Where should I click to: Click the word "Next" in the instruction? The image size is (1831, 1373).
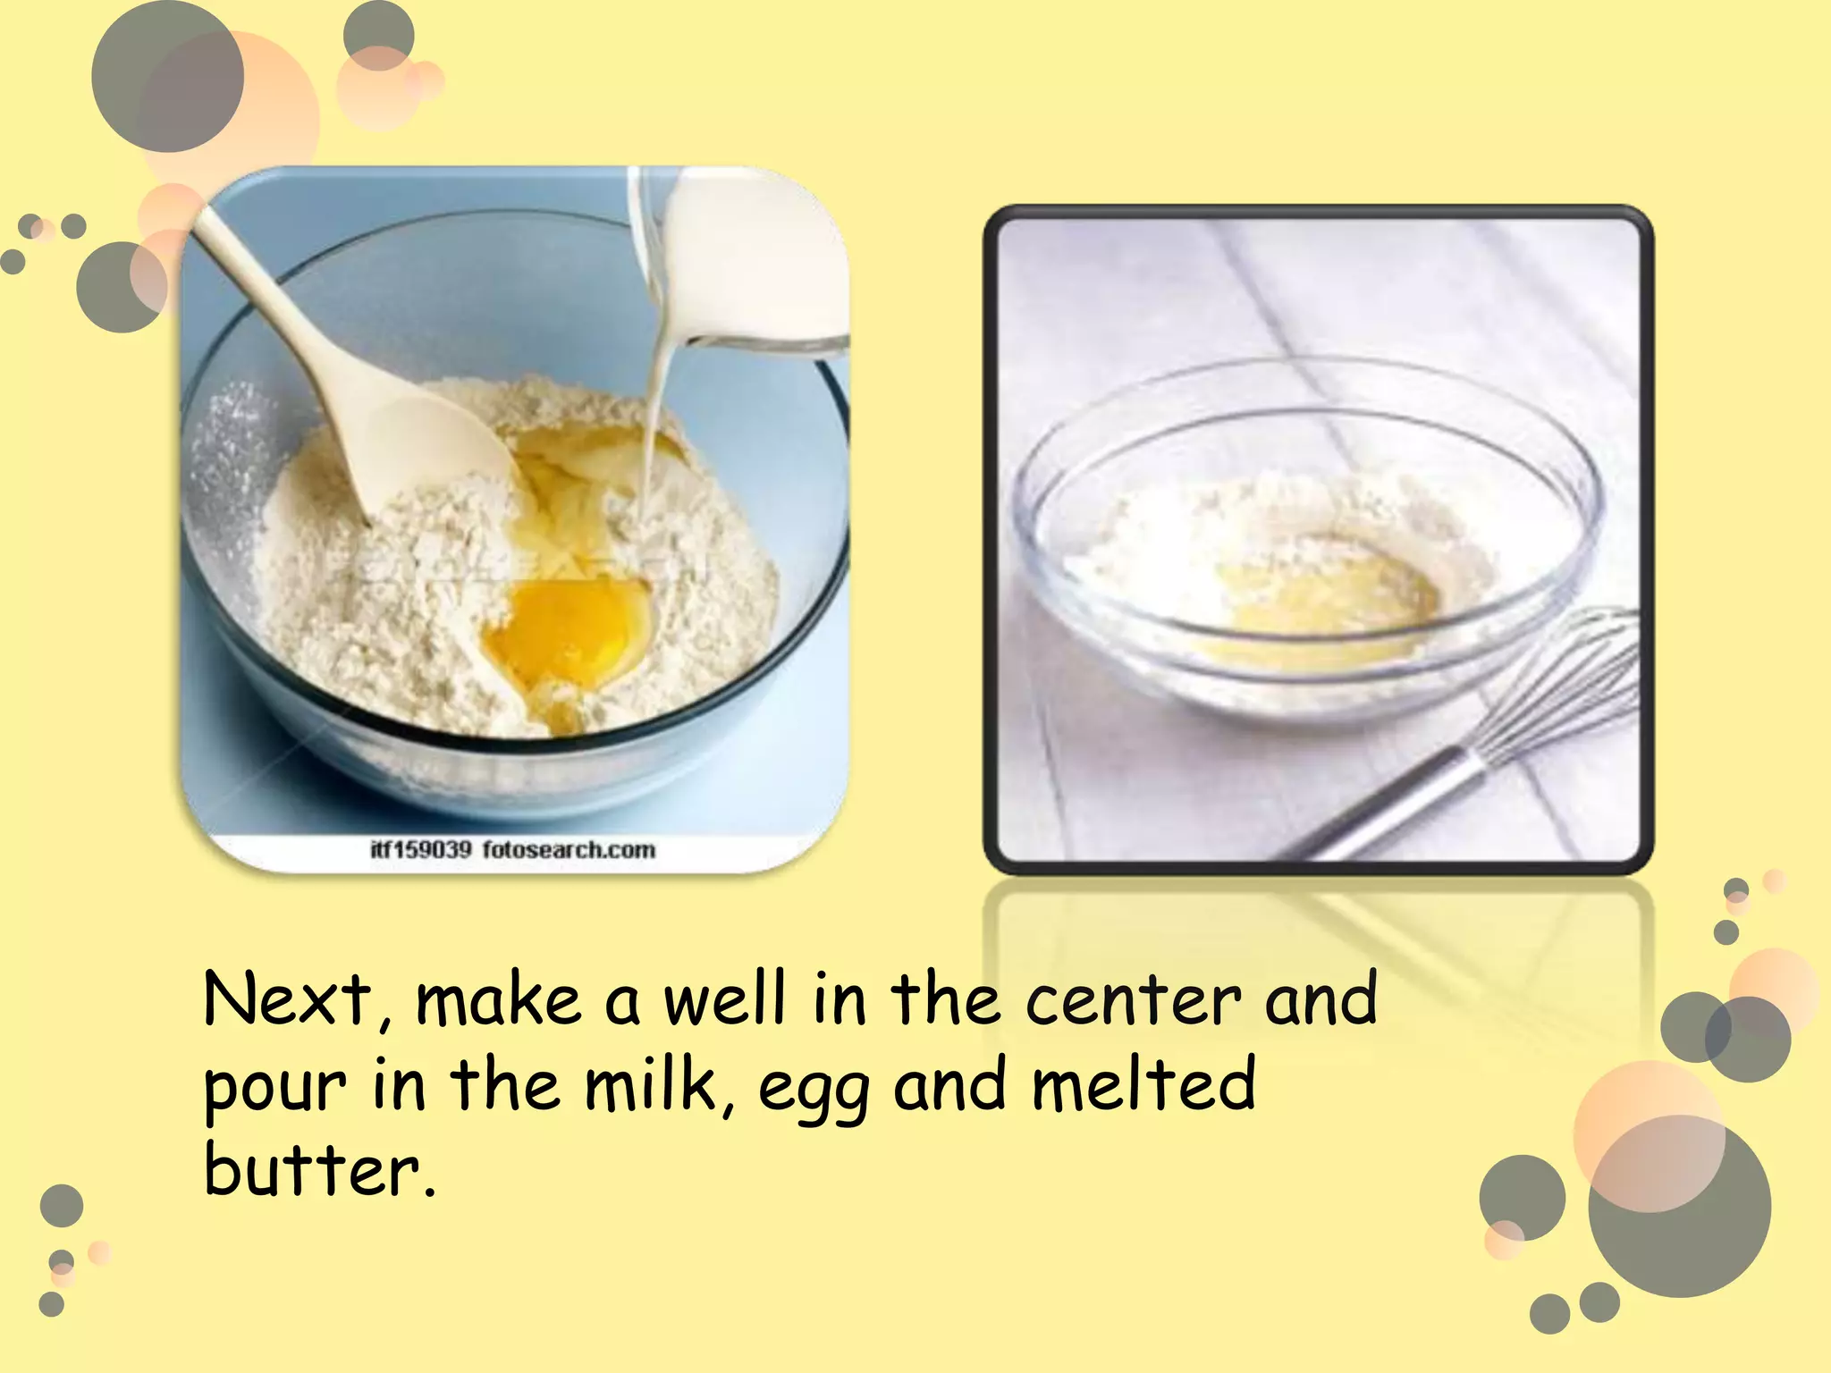pos(286,998)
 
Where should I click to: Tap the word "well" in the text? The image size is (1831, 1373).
pos(724,998)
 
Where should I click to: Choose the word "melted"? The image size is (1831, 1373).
pos(1143,1083)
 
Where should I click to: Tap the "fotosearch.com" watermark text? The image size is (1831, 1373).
pos(569,849)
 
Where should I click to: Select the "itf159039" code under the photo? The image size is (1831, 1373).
pos(420,849)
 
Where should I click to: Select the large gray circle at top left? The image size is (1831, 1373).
pos(167,76)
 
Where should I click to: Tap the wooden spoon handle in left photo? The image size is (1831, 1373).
pos(277,304)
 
